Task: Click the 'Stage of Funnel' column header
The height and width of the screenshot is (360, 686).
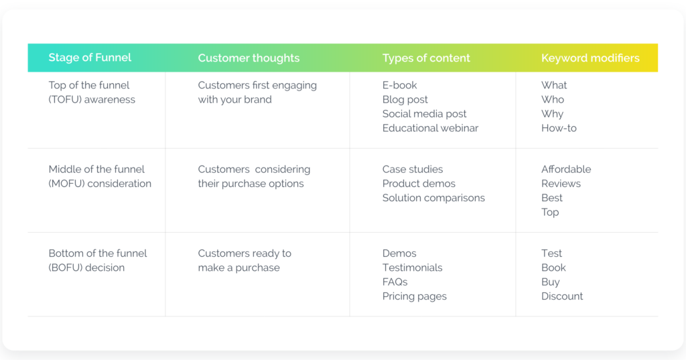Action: (x=90, y=58)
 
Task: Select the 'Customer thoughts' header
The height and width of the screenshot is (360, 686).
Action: (x=249, y=58)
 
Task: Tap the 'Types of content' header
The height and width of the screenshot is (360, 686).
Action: (x=426, y=58)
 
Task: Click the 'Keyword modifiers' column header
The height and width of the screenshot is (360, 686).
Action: (x=590, y=58)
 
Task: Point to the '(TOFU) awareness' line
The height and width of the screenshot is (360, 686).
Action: (x=92, y=100)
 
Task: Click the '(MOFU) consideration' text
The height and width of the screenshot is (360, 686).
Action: (x=100, y=184)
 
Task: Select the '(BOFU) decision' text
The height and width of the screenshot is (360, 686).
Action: (x=86, y=267)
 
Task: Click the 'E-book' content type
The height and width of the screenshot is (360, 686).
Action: (x=400, y=85)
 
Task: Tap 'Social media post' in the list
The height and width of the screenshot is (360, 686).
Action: (x=425, y=114)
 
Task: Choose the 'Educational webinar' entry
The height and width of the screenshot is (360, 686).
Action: (x=430, y=128)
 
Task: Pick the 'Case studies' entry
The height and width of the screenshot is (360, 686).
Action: (x=413, y=170)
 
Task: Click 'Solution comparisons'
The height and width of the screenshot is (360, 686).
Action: (x=433, y=198)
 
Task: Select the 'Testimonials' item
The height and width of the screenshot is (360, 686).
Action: (x=412, y=267)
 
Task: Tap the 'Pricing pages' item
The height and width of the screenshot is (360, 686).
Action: (x=415, y=296)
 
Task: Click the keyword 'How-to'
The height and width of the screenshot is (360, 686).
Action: (x=559, y=128)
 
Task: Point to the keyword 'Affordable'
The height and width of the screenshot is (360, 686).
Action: (x=566, y=170)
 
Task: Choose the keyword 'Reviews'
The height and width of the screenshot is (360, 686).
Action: (x=561, y=184)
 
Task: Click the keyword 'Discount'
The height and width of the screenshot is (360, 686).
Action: (x=562, y=296)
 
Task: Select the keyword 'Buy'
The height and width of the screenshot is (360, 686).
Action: (x=550, y=282)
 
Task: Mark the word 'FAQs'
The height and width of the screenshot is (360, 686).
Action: (x=395, y=282)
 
